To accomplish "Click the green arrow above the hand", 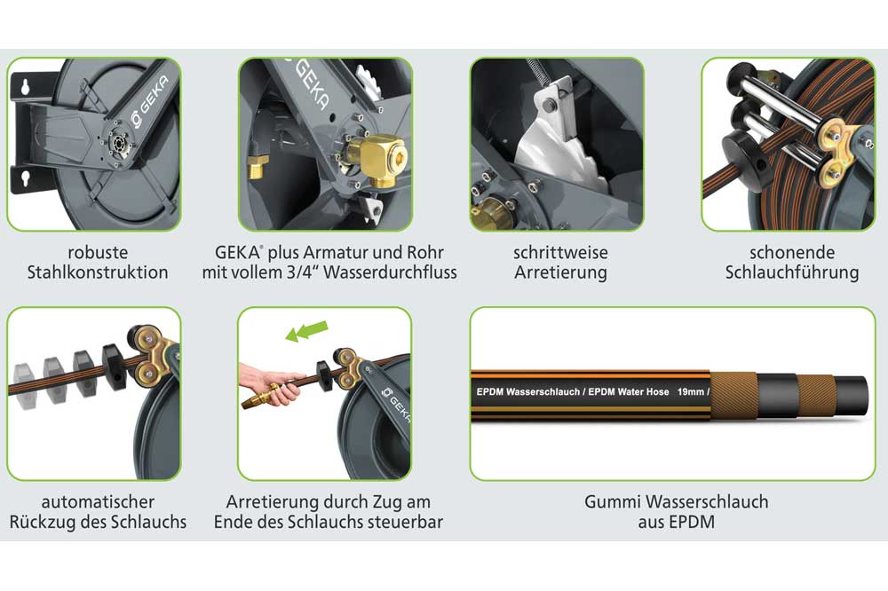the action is coord(306,331).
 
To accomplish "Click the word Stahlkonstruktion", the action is coord(98,272).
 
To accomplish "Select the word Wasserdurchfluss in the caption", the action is coord(390,272).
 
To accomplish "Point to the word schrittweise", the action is coord(560,253).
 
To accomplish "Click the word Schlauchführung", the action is coord(792,272).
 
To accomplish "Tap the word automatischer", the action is coord(98,501).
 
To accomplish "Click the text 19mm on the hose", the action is coord(690,391).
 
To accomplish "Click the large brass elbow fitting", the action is coord(376,159).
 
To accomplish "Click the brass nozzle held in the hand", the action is coord(261,395).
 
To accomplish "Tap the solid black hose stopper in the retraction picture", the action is coord(114,366).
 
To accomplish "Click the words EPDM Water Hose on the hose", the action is coord(628,391).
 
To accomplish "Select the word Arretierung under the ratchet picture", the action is coord(560,272).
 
